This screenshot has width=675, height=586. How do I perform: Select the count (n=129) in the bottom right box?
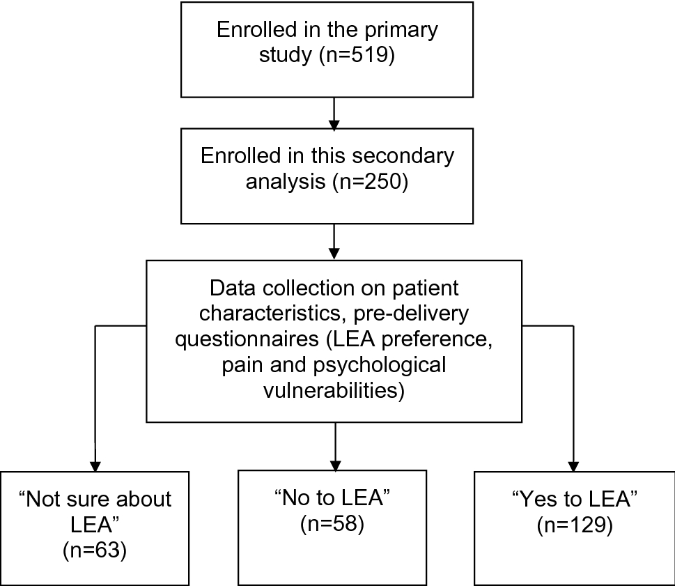click(x=575, y=526)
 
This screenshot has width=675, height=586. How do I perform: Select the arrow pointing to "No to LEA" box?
click(x=335, y=446)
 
